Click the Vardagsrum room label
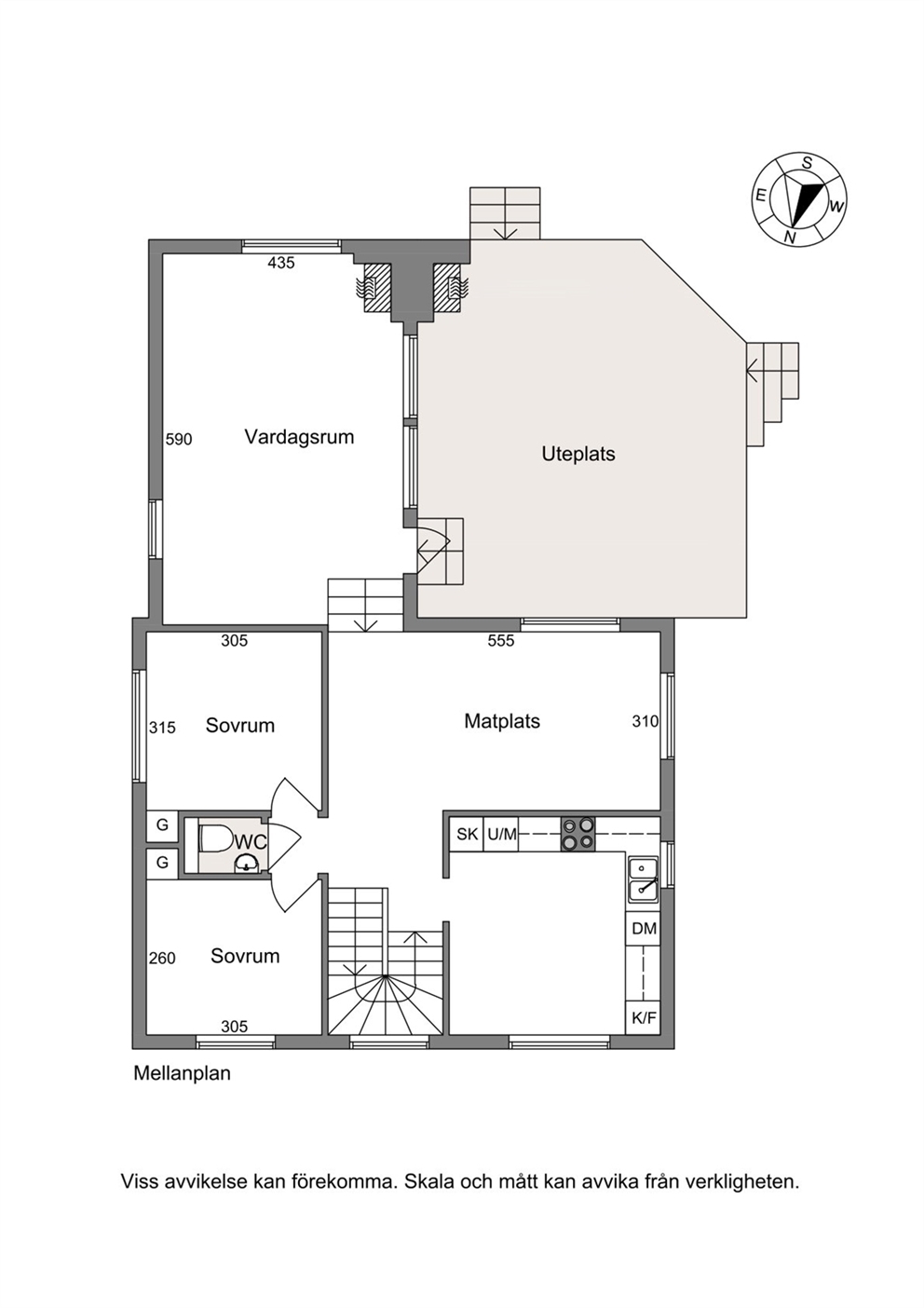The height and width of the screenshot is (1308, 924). pyautogui.click(x=299, y=437)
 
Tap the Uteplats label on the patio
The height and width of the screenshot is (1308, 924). pyautogui.click(x=577, y=455)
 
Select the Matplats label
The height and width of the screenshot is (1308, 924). pyautogui.click(x=502, y=721)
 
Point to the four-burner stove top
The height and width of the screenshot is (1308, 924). pyautogui.click(x=577, y=834)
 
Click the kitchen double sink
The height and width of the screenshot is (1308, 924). pyautogui.click(x=643, y=880)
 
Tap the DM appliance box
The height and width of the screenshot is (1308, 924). pyautogui.click(x=644, y=928)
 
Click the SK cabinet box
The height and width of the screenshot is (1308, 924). pyautogui.click(x=467, y=834)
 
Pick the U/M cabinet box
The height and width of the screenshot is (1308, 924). pyautogui.click(x=501, y=834)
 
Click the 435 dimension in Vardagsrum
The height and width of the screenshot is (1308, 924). pyautogui.click(x=280, y=264)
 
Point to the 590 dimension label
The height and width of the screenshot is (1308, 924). pyautogui.click(x=179, y=439)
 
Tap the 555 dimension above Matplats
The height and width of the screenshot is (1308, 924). pyautogui.click(x=501, y=641)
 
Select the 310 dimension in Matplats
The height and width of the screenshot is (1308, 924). pyautogui.click(x=645, y=722)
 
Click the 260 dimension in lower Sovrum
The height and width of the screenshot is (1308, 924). pyautogui.click(x=162, y=959)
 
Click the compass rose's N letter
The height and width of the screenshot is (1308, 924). pyautogui.click(x=790, y=237)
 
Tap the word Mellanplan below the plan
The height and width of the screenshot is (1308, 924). pyautogui.click(x=183, y=1073)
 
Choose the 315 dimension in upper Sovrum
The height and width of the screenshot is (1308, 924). pyautogui.click(x=162, y=728)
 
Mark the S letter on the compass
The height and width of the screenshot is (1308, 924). pyautogui.click(x=808, y=163)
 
